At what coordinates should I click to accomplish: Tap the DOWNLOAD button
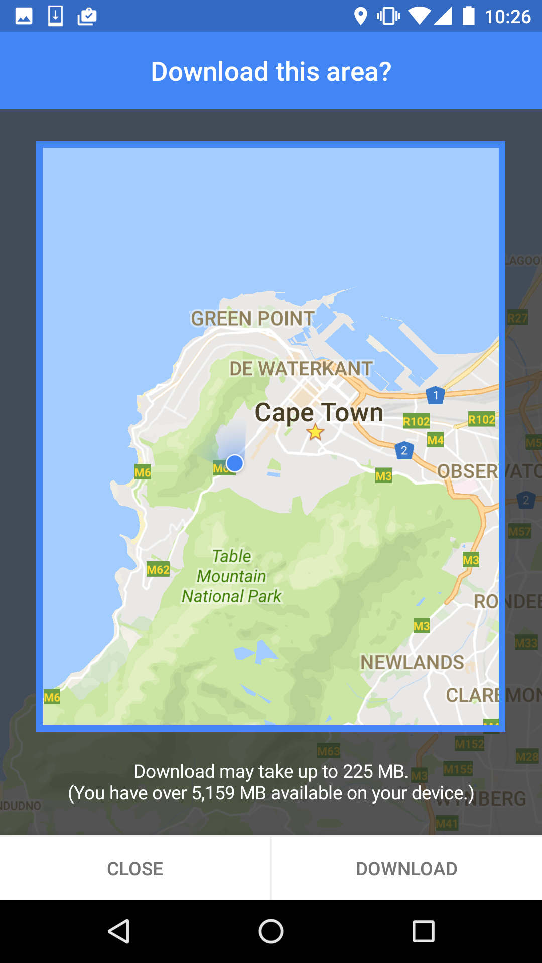[406, 868]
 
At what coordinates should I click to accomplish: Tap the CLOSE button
[135, 868]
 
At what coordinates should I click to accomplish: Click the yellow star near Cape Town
[315, 432]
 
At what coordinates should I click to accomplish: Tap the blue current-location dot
[235, 463]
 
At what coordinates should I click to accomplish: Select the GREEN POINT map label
[252, 318]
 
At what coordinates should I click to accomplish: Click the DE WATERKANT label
[301, 369]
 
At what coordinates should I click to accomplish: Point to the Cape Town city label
[319, 413]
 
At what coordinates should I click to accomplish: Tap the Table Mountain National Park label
[231, 576]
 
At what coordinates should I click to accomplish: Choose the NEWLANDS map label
[412, 662]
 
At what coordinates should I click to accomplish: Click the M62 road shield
[158, 570]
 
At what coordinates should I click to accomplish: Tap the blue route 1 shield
[436, 395]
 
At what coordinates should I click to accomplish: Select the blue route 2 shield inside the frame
[404, 450]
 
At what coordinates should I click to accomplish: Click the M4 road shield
[435, 440]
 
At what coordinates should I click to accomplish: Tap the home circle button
[271, 931]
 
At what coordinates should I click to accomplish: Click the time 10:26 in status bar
[507, 17]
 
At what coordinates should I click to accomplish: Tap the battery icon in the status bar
[468, 16]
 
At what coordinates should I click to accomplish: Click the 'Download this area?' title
[271, 71]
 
